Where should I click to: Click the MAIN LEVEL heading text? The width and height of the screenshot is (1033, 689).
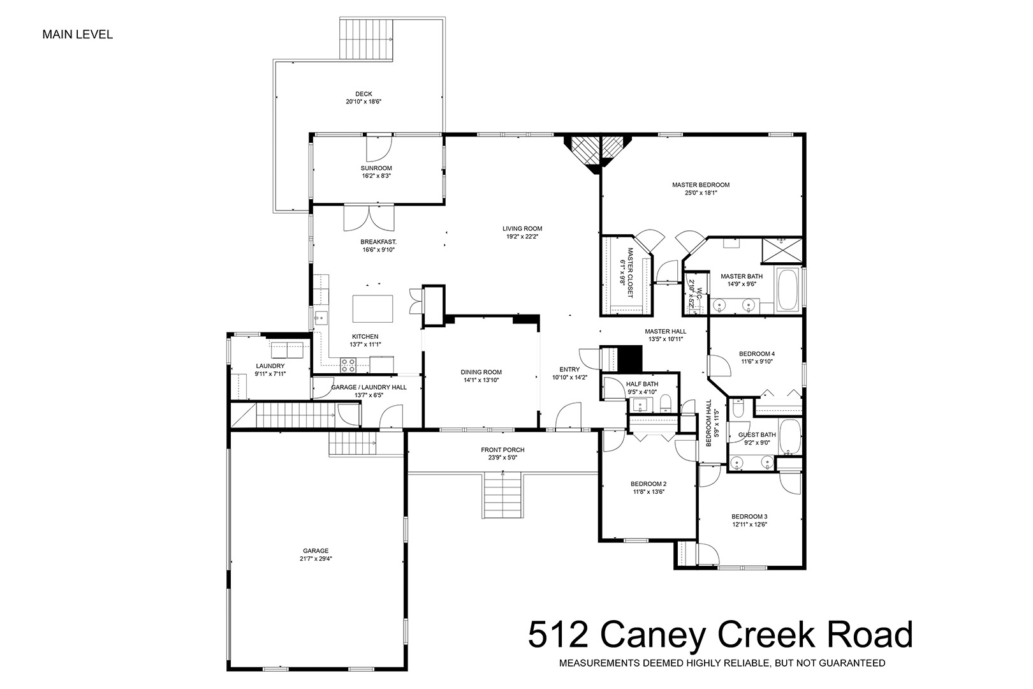coord(78,34)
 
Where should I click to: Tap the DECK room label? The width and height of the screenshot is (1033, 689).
coord(363,94)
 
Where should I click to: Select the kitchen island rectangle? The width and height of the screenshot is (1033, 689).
coord(372,309)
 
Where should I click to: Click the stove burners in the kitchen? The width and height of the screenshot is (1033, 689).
coord(348,365)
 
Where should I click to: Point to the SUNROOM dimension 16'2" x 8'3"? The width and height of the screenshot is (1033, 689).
coord(376,176)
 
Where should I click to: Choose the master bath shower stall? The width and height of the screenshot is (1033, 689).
coord(782,250)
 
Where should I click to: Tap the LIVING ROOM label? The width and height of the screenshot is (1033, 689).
coord(522,228)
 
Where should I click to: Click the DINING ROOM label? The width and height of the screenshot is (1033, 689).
coord(481,372)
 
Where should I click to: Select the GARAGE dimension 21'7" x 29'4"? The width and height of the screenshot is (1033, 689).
coord(316,558)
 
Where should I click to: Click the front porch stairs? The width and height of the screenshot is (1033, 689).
coord(502,494)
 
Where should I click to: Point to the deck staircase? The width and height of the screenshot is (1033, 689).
coord(367,39)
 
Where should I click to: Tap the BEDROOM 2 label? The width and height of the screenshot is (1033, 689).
coord(648,484)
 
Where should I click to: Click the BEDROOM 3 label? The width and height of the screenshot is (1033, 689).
coord(749,516)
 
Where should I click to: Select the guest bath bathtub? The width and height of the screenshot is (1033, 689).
coord(789,437)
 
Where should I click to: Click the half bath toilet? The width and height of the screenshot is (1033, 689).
coord(666,406)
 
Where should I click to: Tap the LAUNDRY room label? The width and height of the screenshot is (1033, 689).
coord(270,366)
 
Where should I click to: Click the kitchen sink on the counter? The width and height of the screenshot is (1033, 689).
coord(321,318)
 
